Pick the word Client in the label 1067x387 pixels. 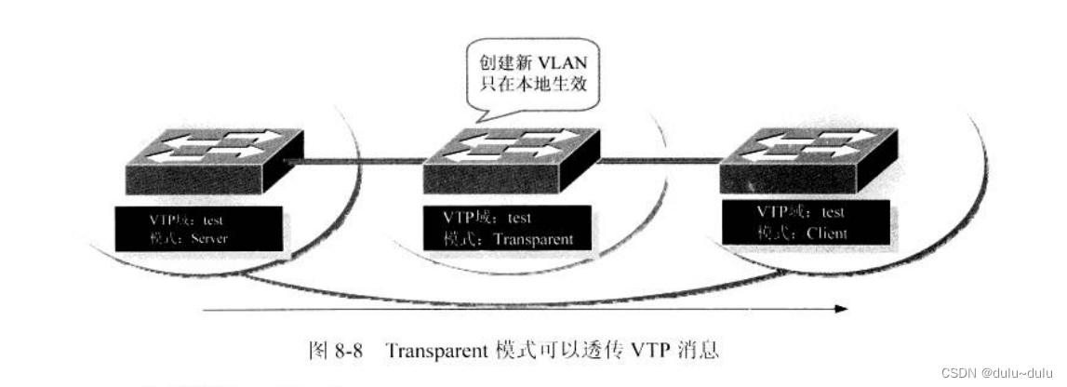pos(820,234)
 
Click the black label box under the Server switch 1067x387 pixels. pos(185,229)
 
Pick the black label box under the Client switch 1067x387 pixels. pos(805,224)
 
